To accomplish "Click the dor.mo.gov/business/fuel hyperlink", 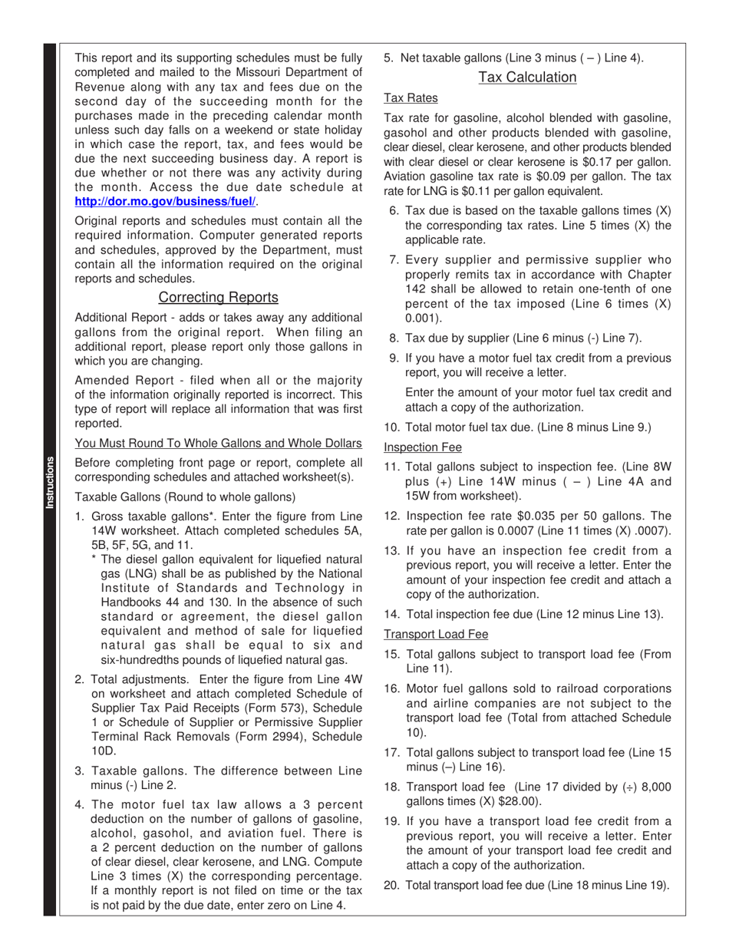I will click(x=165, y=202).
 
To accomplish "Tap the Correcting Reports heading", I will click(x=218, y=298).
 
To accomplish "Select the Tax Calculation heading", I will click(x=527, y=78).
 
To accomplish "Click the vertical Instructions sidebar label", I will click(x=50, y=483).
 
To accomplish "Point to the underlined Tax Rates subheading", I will click(x=411, y=98).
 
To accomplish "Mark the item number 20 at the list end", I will click(x=391, y=886).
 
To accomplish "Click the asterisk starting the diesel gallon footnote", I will click(x=94, y=560).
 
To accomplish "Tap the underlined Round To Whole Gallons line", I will click(x=218, y=444).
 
